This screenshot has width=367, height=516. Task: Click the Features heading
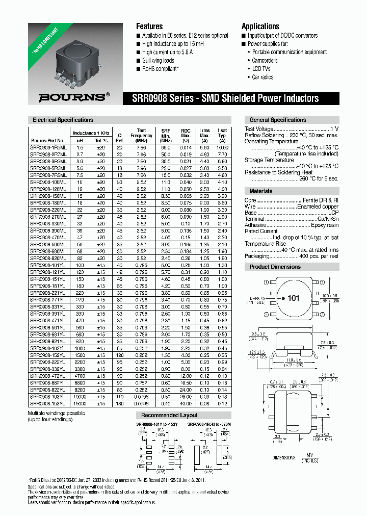coord(149,27)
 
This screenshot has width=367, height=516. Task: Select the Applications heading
coord(260,27)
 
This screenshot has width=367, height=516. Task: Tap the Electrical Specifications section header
coord(63,120)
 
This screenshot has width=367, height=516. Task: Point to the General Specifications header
coord(278,120)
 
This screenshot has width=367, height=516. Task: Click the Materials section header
coord(261,191)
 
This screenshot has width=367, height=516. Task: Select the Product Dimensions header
coord(275,267)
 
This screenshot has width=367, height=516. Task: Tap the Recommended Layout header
coord(169,415)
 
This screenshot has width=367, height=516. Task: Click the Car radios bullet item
coord(263,77)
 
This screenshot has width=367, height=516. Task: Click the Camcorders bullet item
coord(265,60)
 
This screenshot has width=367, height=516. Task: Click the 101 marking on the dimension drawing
coord(293,298)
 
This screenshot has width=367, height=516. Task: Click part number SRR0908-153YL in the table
coord(47,403)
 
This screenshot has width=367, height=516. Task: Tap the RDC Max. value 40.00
coord(185,403)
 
